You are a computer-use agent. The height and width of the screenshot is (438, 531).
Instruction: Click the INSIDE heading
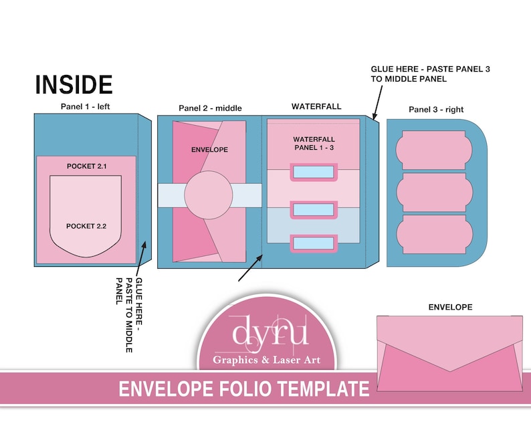click(x=74, y=85)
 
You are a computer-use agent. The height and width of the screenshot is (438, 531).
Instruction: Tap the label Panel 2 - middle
click(x=210, y=108)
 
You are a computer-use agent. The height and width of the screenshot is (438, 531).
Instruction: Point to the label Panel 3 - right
click(x=436, y=109)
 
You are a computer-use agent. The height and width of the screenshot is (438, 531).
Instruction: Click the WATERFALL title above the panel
click(x=316, y=106)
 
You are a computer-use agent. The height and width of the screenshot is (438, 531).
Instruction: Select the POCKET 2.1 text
click(x=87, y=166)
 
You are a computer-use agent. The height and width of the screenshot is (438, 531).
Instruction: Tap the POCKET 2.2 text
click(x=86, y=226)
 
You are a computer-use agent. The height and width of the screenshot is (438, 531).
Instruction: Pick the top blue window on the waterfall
click(x=313, y=173)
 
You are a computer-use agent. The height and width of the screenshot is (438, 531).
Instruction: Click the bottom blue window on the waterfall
click(x=313, y=244)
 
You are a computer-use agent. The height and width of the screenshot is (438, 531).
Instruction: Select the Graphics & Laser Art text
click(x=265, y=360)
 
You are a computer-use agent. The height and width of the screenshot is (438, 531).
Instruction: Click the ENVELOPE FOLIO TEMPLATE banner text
click(x=244, y=389)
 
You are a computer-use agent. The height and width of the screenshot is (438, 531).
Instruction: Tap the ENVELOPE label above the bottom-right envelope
click(x=450, y=307)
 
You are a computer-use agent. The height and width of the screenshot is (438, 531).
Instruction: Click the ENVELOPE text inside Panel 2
click(x=209, y=149)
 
